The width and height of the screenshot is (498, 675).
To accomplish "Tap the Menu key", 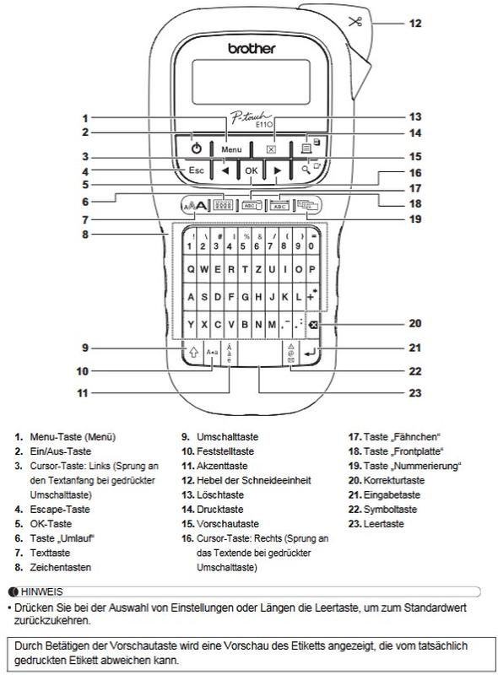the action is (x=231, y=149).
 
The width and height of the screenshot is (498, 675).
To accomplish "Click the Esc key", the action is (x=196, y=170).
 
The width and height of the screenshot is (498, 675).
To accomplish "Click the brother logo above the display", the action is (x=252, y=49).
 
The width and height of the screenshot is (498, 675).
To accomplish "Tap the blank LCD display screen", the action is (x=251, y=82).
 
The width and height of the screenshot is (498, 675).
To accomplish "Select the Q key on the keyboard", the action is (x=190, y=269).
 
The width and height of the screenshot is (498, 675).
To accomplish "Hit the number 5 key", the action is (x=243, y=242).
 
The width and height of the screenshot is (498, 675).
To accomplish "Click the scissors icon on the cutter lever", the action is (x=355, y=22).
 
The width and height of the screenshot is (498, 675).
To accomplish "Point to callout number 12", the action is (x=414, y=24).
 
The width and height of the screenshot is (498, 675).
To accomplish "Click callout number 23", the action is (x=414, y=392).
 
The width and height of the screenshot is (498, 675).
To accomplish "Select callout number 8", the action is (x=85, y=235).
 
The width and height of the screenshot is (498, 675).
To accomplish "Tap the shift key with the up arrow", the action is (x=193, y=353).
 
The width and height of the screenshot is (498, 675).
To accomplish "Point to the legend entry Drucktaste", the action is (x=219, y=510).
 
